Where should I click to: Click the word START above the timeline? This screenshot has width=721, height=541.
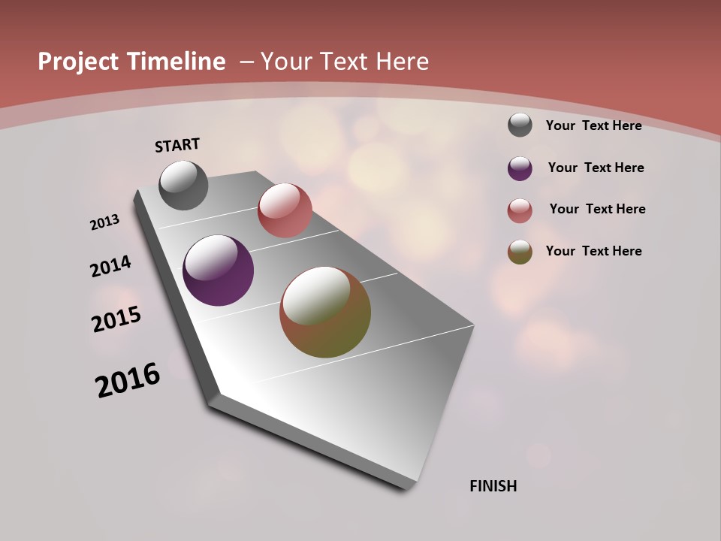coord(177,144)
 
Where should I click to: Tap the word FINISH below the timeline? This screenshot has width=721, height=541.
coord(493,486)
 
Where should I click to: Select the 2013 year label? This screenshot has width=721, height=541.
coord(105,222)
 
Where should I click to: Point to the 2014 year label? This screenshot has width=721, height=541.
coord(111,267)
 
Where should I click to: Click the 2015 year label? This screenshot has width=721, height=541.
coord(116,319)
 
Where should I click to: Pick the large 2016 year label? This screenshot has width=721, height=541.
coord(128,379)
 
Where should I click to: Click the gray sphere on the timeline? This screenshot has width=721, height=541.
coord(184,185)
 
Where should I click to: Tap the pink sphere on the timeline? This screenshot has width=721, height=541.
coord(285,210)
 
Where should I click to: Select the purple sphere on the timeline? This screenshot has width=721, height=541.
coord(218,270)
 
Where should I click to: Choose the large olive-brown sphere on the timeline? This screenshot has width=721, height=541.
coord(325,312)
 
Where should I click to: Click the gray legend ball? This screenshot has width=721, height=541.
coord(520,125)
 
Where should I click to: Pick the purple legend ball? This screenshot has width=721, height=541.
coord(520,168)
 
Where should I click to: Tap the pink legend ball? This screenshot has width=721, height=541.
coord(520,210)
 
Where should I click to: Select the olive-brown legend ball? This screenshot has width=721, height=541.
coord(520,252)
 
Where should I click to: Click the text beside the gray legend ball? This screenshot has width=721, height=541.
coord(594,125)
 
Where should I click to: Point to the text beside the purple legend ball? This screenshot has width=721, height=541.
coord(596,168)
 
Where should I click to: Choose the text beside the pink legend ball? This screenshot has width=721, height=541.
coord(598,209)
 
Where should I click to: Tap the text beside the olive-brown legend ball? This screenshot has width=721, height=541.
coord(594,251)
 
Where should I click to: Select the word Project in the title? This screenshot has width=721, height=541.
coord(78,62)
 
